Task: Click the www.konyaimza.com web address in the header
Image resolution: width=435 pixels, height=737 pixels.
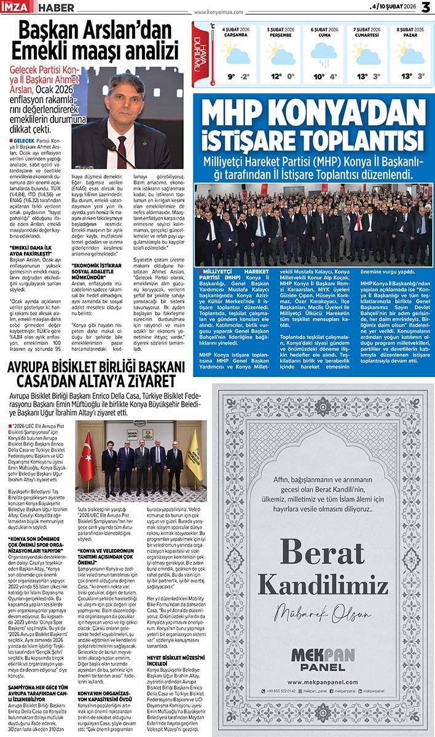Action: (218, 11)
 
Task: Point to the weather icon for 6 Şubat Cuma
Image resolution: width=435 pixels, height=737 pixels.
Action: (324, 55)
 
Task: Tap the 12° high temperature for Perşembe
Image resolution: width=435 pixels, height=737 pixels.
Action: (276, 77)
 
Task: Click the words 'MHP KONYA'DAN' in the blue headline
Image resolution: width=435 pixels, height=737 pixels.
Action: (313, 113)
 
